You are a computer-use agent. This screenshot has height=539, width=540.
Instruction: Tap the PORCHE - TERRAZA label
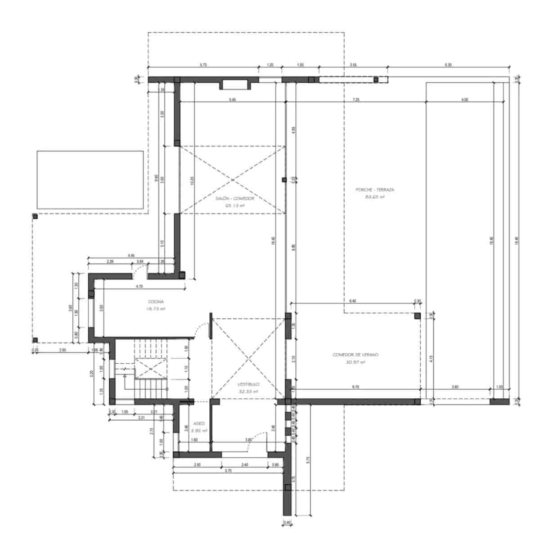click(375, 190)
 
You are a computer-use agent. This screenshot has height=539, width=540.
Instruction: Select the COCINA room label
click(156, 302)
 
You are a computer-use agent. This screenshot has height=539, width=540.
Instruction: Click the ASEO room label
click(198, 423)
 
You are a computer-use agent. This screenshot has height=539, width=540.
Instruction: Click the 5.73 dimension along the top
click(203, 65)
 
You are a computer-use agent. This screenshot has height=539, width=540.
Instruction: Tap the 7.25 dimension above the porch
click(356, 99)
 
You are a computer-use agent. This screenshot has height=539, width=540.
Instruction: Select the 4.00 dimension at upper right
click(465, 99)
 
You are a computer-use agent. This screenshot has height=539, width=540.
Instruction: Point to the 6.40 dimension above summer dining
click(352, 301)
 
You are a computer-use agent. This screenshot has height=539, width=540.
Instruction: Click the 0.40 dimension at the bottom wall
click(288, 522)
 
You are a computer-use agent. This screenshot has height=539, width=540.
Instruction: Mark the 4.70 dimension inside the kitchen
click(139, 286)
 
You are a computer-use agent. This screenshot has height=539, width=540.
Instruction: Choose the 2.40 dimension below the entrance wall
click(245, 464)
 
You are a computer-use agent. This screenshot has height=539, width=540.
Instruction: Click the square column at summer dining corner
click(417, 316)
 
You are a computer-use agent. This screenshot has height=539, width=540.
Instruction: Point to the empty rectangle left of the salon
click(90, 180)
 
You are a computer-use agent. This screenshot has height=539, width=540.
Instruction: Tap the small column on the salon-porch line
click(284, 180)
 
